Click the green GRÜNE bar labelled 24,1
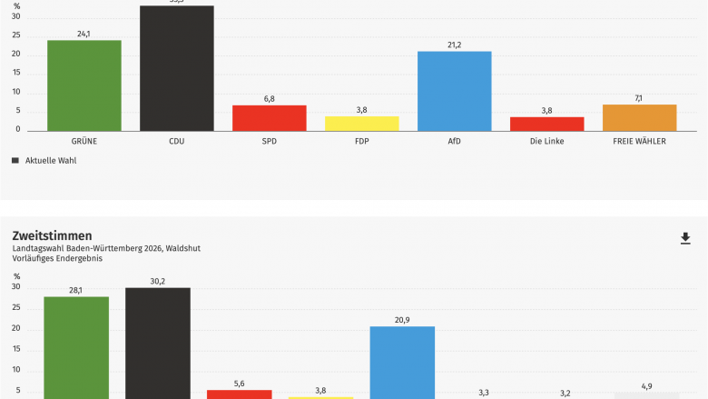[84, 85]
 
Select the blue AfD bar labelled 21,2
[454, 91]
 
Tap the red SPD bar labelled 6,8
[269, 118]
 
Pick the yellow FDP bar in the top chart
[361, 124]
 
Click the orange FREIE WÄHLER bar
[640, 117]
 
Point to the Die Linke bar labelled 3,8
[546, 124]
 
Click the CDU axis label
[176, 142]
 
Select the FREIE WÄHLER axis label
[640, 142]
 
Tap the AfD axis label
[454, 142]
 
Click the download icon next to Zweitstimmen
[685, 238]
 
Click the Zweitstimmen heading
[53, 235]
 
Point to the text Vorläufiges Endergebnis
[57, 258]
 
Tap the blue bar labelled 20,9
[402, 363]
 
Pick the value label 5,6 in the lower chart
[239, 384]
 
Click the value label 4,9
[646, 386]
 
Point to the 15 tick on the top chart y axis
[16, 74]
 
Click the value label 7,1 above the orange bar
[639, 98]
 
